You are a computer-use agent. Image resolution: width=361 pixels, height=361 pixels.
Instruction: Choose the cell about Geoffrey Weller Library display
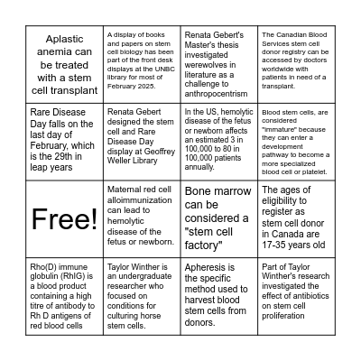click(x=142, y=142)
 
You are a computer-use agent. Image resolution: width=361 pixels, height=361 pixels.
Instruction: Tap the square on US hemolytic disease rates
click(x=219, y=142)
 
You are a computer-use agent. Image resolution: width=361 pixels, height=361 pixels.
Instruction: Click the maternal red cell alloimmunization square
click(x=142, y=219)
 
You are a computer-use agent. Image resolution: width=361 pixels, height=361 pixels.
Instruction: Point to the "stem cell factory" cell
click(x=219, y=219)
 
